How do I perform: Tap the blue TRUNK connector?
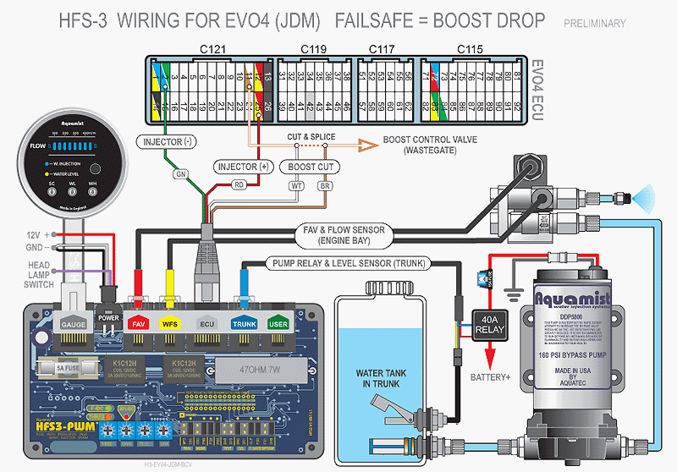[245, 322]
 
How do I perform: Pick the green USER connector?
[278, 322]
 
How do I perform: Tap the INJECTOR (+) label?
[242, 167]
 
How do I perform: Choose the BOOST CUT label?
[311, 167]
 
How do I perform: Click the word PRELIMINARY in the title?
[595, 24]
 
